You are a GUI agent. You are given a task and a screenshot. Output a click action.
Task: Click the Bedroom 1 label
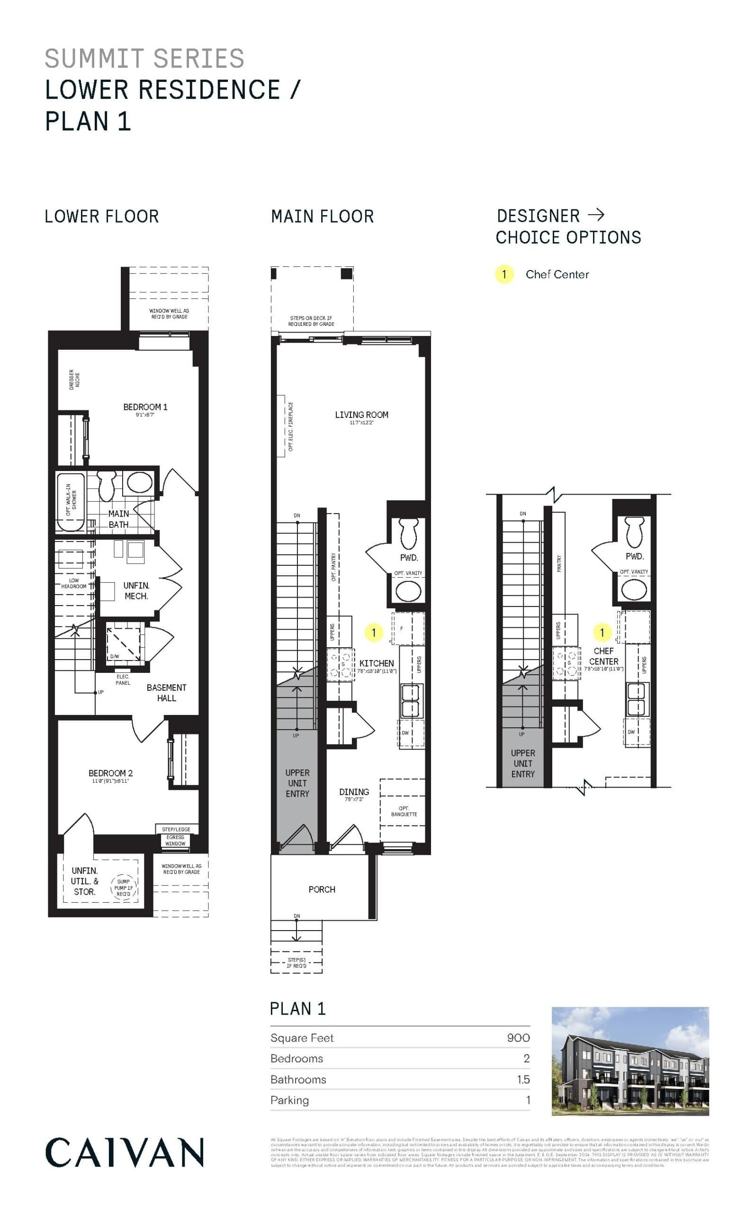click(x=145, y=407)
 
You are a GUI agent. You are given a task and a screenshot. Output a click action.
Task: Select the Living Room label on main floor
click(x=361, y=415)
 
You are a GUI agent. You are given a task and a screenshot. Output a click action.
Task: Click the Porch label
click(x=322, y=889)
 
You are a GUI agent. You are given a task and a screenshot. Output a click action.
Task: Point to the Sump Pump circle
click(x=123, y=887)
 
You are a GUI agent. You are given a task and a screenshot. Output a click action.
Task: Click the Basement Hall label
click(x=166, y=693)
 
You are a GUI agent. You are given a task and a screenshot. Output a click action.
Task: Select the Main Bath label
click(x=119, y=519)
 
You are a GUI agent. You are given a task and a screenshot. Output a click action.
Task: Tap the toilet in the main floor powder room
click(x=409, y=534)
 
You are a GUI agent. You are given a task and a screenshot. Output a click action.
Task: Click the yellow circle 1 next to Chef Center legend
click(x=504, y=274)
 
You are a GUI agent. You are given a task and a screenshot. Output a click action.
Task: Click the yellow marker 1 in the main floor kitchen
click(x=374, y=633)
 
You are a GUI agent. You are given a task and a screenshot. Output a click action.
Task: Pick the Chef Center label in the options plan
click(x=604, y=656)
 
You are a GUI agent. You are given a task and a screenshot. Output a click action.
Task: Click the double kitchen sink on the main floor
click(x=412, y=700)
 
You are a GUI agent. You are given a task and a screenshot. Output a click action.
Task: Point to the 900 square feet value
click(x=518, y=1038)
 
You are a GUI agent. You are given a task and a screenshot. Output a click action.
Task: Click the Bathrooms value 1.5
click(x=523, y=1079)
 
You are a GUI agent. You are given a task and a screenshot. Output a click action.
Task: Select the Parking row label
click(x=289, y=1100)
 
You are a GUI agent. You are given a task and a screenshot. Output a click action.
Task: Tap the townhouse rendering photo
click(x=630, y=1062)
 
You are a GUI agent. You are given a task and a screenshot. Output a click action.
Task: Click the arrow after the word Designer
click(x=596, y=215)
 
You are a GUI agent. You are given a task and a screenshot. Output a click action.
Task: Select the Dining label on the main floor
click(x=354, y=792)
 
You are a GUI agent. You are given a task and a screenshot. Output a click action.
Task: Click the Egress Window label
click(x=175, y=840)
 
